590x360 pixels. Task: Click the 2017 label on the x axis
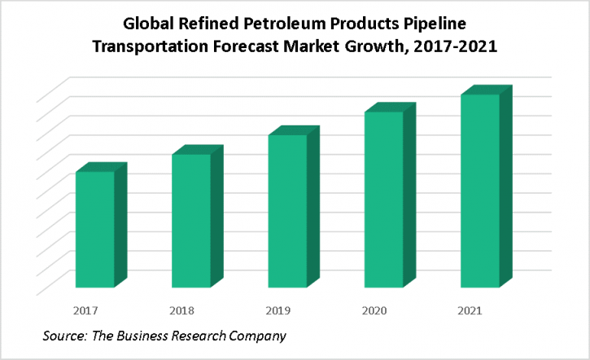pos(85,310)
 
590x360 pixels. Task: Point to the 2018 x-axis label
pos(181,310)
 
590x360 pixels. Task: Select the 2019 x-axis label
pos(278,310)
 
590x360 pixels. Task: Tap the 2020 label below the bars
pos(374,310)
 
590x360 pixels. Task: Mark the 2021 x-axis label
pos(470,310)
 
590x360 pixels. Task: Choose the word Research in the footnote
pos(199,336)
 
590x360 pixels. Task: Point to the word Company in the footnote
pos(257,336)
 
